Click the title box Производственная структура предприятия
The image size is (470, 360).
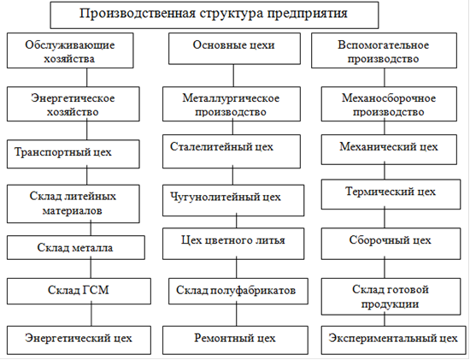coord(214,15)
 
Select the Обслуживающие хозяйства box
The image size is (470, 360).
coord(70,50)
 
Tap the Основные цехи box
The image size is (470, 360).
coord(234,49)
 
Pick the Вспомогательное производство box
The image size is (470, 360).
coord(384,50)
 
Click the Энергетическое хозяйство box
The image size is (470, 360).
coord(73,104)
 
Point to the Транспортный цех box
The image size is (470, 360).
coord(73,154)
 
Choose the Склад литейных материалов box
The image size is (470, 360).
coord(73,204)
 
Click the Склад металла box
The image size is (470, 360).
coord(76,247)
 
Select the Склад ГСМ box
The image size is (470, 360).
coord(79,291)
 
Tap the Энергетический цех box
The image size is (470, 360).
coord(79,340)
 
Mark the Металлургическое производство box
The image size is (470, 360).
coord(232,104)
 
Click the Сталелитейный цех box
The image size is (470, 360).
coord(232,151)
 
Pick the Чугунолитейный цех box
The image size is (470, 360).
coord(233,200)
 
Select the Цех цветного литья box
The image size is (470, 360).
coord(233,244)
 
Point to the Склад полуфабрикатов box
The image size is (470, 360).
coord(238,291)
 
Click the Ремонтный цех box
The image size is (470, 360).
coord(235,340)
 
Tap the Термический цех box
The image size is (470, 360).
coord(391,194)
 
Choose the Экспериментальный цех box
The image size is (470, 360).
coord(394,340)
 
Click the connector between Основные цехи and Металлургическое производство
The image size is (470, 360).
coord(233,75)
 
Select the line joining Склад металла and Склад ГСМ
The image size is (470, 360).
coord(91,269)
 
